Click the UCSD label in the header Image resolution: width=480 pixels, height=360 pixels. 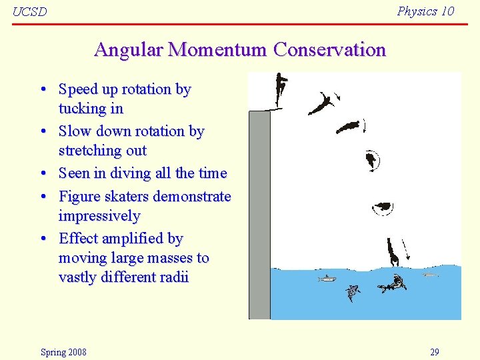click(30, 12)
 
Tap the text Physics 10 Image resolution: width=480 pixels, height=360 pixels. click(425, 11)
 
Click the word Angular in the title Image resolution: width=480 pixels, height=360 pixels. click(129, 50)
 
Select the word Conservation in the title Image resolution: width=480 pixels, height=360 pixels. click(329, 50)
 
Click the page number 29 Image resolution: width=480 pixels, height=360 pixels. click(434, 352)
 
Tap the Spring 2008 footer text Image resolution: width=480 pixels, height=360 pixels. click(63, 352)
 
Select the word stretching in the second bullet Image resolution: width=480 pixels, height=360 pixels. click(88, 150)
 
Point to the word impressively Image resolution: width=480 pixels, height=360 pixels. click(99, 216)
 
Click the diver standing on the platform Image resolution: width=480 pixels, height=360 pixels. click(281, 89)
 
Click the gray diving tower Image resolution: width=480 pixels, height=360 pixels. click(259, 213)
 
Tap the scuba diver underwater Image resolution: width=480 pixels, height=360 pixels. click(393, 285)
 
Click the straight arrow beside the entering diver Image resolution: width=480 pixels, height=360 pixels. click(406, 250)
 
